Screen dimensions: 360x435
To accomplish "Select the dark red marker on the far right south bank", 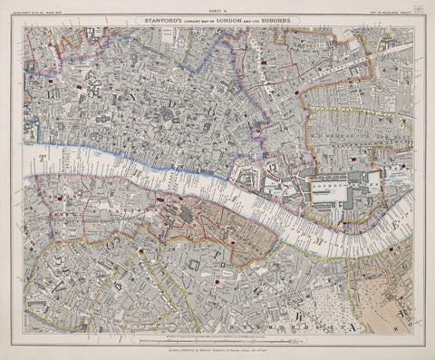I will pyautogui.click(x=391, y=248).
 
